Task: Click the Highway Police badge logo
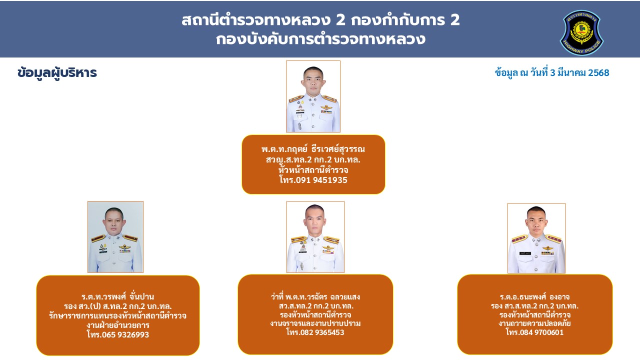coord(581,32)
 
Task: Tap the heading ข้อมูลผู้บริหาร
coord(57,73)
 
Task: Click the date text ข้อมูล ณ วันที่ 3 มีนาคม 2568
coord(552,73)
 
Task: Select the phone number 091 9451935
coord(321,180)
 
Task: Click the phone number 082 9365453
coord(322,332)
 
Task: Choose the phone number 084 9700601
coord(541,332)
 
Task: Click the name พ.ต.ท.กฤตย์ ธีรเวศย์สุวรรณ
coord(313,149)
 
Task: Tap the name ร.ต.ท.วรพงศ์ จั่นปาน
coord(117,296)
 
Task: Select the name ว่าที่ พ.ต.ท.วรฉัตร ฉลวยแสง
coord(315,297)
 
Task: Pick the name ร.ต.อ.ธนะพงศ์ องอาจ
coord(534,297)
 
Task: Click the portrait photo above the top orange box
coord(313,96)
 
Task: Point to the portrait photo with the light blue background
coord(115,237)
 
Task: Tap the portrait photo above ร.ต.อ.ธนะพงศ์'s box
coord(536,238)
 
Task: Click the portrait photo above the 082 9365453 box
coord(315,237)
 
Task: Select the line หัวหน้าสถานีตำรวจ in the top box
coord(313,170)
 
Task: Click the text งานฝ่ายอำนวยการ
coord(117,325)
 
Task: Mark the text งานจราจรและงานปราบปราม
coord(315,323)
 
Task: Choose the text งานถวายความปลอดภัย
coord(534,323)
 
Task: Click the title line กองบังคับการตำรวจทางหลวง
coord(320,39)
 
